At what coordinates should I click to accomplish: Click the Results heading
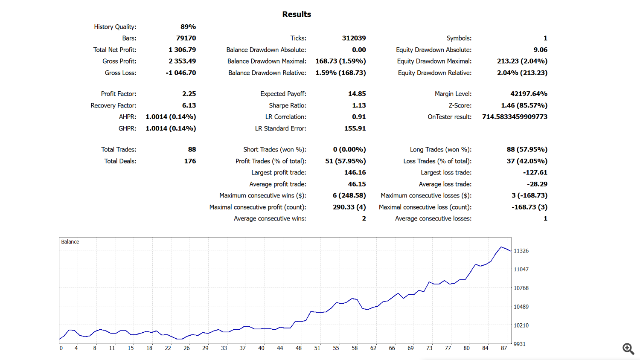[x=297, y=15]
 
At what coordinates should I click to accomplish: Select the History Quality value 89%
[x=188, y=27]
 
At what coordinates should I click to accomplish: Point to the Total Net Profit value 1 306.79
[x=182, y=50]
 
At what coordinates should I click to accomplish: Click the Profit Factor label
[x=119, y=94]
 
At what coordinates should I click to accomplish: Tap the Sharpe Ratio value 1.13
[x=359, y=105]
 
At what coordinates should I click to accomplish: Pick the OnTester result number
[x=515, y=117]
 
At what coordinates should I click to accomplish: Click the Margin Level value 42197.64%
[x=529, y=94]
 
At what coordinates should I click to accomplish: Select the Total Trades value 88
[x=192, y=150]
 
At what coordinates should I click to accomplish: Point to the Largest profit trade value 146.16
[x=355, y=173]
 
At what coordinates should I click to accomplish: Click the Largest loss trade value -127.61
[x=535, y=173]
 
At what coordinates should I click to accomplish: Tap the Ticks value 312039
[x=354, y=38]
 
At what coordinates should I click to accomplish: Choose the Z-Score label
[x=460, y=105]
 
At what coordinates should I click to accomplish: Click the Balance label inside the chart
[x=70, y=242]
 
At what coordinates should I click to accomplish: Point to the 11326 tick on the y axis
[x=521, y=251]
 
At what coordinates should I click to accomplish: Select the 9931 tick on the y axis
[x=519, y=344]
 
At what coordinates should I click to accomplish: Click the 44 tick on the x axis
[x=280, y=348]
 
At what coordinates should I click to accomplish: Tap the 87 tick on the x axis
[x=504, y=348]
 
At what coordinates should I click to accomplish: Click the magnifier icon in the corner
[x=628, y=348]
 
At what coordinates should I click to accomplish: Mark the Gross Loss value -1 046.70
[x=181, y=73]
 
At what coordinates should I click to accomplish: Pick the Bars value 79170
[x=186, y=38]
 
